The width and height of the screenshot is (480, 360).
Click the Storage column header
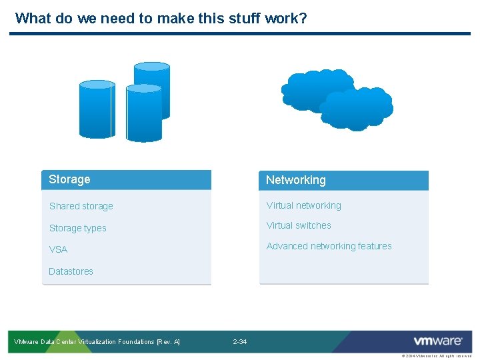point(70,179)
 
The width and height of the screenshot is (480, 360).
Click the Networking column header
point(296,180)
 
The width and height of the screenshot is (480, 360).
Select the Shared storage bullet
point(81,206)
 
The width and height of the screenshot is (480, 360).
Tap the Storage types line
point(78,228)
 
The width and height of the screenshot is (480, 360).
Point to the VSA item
point(59,249)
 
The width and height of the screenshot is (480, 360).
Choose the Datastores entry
point(71,271)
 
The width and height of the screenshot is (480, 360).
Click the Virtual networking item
point(304,205)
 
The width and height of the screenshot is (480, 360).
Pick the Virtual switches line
point(299,225)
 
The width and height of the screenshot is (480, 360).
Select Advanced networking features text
point(329,246)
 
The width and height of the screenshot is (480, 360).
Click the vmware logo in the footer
point(437,341)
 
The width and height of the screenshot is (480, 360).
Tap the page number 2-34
point(240,342)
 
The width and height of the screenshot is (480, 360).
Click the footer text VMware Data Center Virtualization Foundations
point(97,342)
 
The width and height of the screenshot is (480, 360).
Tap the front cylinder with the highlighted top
point(144,115)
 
